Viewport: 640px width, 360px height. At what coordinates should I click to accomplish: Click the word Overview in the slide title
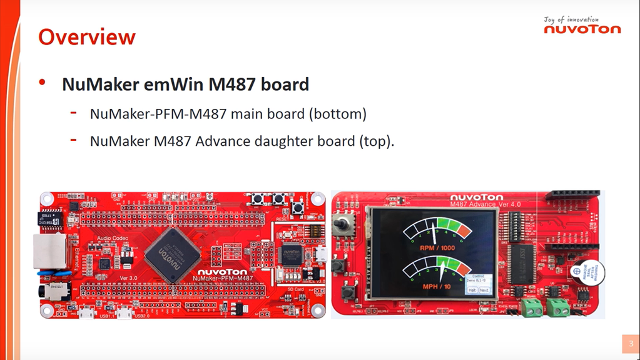coord(86,37)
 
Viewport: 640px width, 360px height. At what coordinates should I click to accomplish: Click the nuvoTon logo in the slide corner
coord(582,29)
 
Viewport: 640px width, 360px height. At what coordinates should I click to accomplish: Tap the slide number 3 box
coord(631,344)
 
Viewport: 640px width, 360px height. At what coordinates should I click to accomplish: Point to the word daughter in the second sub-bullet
coord(280,141)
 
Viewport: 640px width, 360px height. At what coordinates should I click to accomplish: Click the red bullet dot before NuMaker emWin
coord(43,83)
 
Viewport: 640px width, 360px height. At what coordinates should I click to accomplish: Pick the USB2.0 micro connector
coord(124,311)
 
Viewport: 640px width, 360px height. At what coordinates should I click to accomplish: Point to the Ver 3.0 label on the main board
coord(128,278)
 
